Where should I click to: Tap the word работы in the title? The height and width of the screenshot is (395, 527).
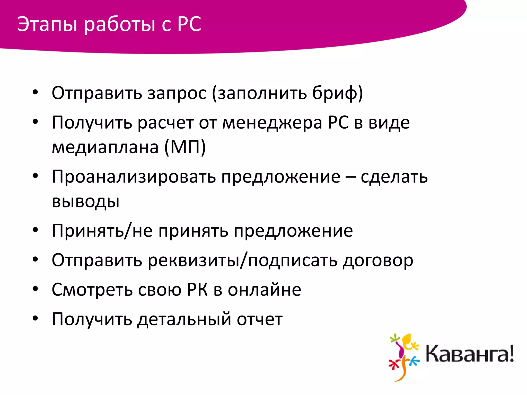120,25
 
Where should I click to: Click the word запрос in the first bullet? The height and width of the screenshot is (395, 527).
177,93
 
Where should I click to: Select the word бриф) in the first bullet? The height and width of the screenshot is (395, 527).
337,93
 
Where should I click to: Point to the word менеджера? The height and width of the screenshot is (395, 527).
272,123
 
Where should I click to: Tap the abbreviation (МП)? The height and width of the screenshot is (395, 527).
185,147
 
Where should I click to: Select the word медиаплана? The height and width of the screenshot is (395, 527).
105,147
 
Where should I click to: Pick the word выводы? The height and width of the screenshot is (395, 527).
86,201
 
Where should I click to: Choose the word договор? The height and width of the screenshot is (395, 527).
378,261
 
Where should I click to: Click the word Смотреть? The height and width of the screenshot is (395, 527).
92,290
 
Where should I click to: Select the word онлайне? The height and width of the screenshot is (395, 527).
265,290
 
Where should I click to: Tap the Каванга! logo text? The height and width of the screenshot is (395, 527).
469,354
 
